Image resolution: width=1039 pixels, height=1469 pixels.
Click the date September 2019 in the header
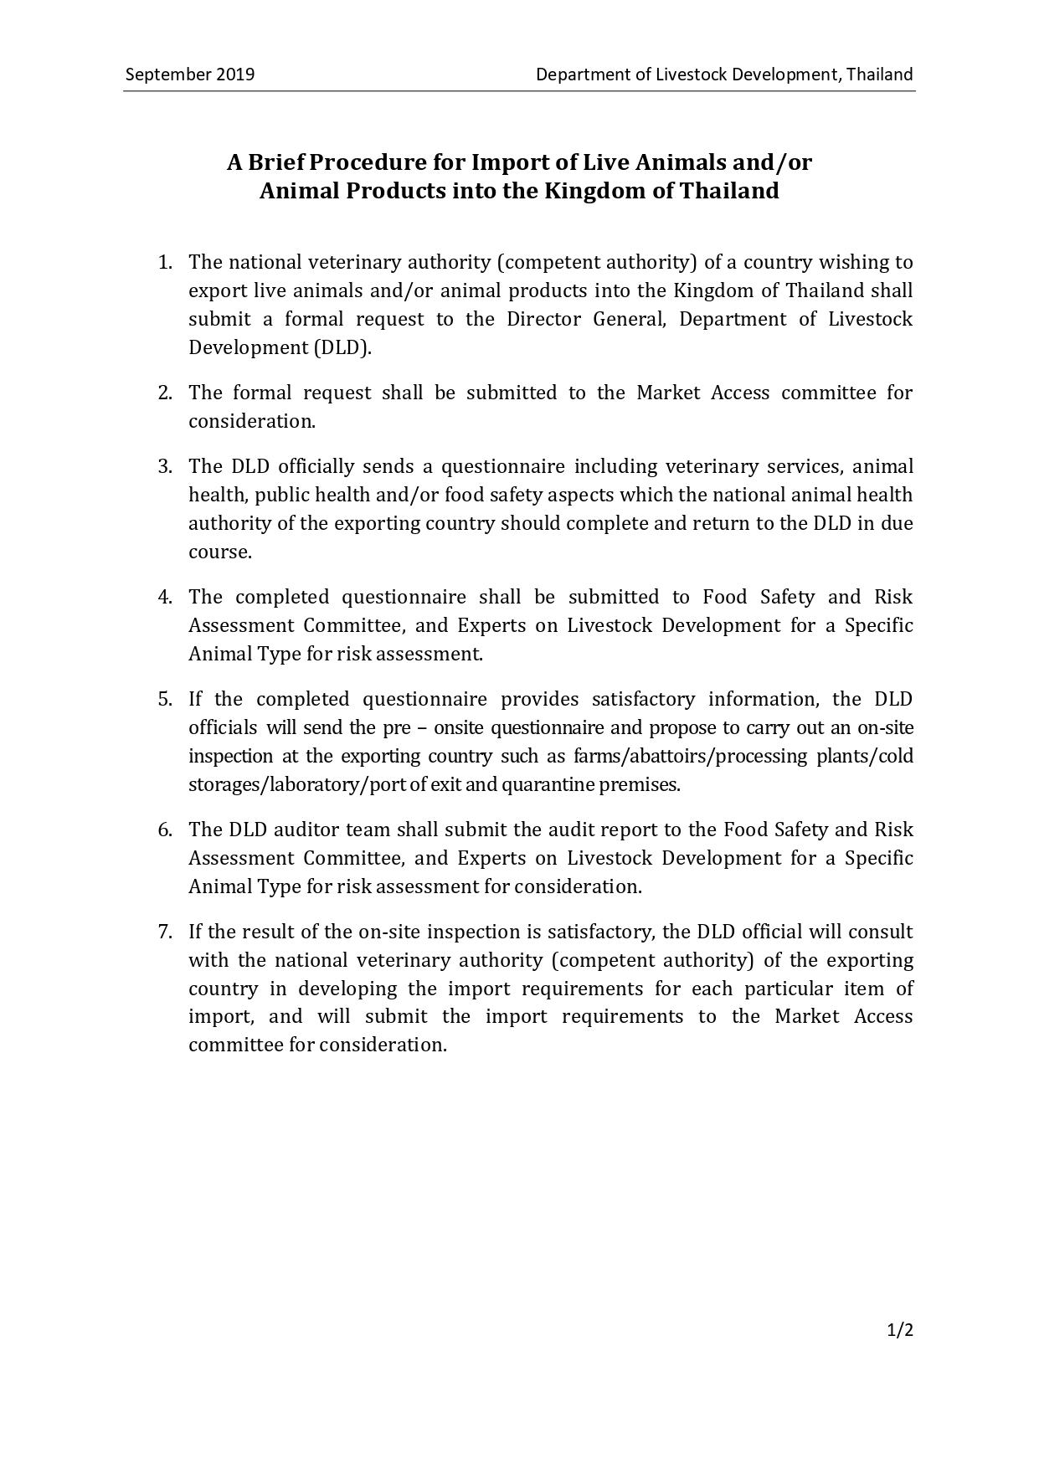click(x=189, y=74)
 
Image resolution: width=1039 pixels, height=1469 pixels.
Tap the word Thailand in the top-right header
click(x=879, y=74)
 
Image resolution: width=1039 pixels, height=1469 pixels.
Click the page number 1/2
click(x=900, y=1330)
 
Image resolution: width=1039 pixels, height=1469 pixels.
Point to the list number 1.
click(x=165, y=263)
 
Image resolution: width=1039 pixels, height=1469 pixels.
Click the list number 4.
click(x=165, y=598)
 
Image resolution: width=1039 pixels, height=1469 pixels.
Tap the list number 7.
click(x=165, y=932)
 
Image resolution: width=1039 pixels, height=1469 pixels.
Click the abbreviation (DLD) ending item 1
click(x=342, y=348)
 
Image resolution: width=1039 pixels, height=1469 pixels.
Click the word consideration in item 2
click(x=251, y=422)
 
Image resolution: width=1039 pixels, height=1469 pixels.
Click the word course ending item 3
click(x=219, y=552)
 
